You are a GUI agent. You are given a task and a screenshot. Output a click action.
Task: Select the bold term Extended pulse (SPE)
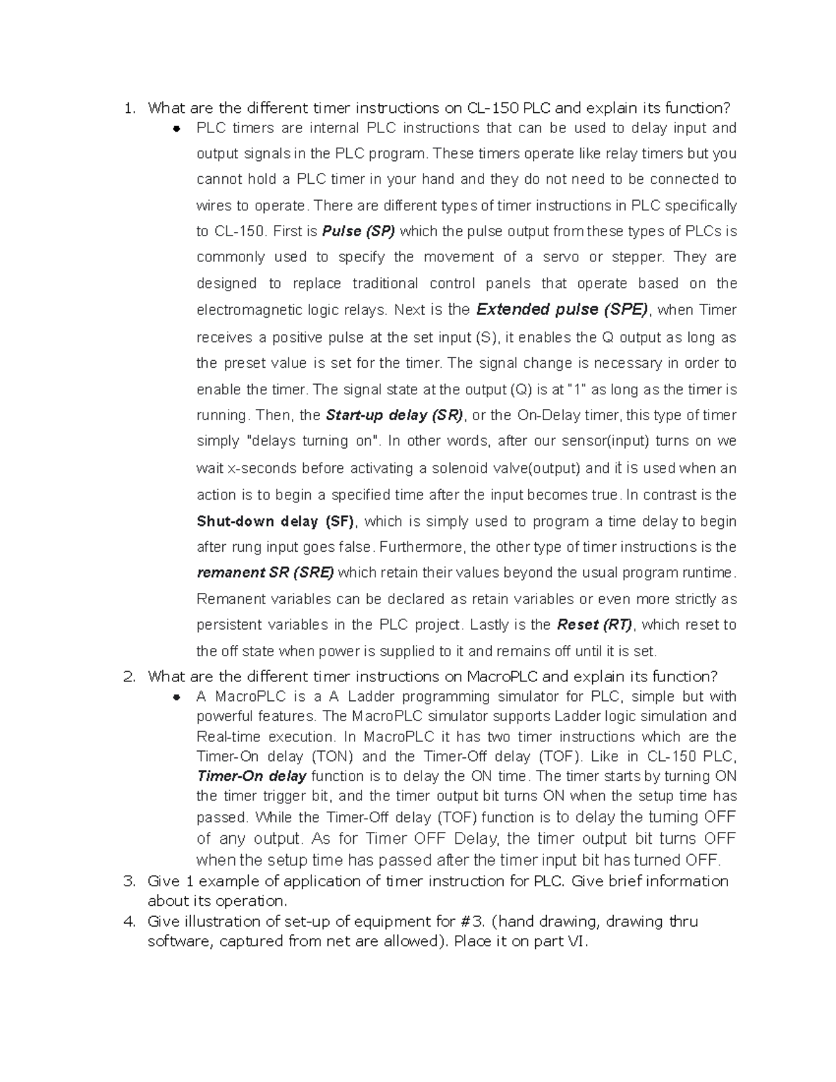(562, 309)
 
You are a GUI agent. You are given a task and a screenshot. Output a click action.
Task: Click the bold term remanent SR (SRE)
(265, 573)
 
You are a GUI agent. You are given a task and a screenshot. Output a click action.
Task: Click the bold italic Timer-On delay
(252, 776)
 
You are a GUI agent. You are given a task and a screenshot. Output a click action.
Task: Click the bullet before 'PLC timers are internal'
(178, 129)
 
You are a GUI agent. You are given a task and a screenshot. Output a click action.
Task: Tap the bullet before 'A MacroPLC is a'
(178, 697)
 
